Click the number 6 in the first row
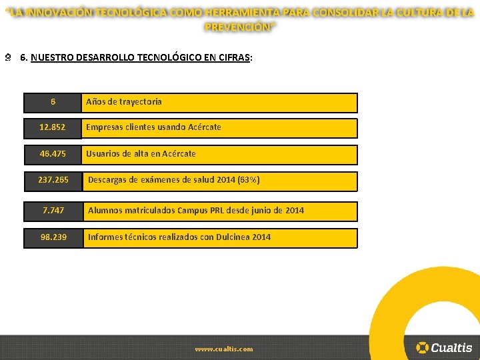point(53,102)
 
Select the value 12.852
point(53,127)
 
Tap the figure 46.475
point(53,153)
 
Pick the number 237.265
point(53,180)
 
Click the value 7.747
point(53,210)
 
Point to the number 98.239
point(53,237)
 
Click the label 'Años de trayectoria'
point(123,102)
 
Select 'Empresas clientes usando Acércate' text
point(153,127)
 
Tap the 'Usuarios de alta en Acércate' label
point(141,153)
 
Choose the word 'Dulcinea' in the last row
point(233,237)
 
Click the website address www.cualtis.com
point(224,349)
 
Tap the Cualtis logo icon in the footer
point(422,347)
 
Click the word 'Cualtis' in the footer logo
point(451,347)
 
